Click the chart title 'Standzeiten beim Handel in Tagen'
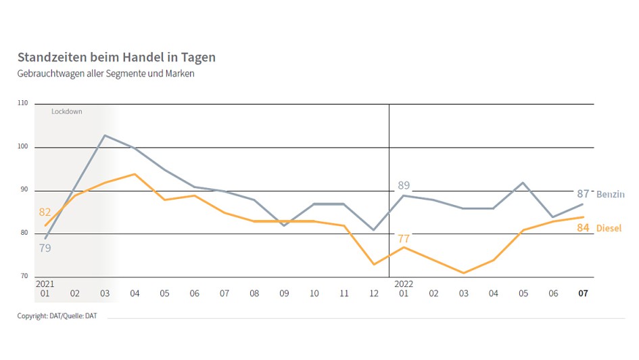116,58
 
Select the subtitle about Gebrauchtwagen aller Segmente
105,74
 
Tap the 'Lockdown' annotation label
66,111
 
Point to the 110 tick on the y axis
23,104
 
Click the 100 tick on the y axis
23,147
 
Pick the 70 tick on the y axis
24,277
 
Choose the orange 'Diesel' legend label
609,229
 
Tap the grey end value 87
583,194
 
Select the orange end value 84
583,228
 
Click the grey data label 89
403,185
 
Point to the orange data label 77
404,238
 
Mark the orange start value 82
45,212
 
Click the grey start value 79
45,248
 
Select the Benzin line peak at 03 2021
105,135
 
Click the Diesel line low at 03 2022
464,273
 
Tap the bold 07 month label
583,294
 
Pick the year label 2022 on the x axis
404,284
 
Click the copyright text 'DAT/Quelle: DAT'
57,316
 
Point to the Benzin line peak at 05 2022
523,183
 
